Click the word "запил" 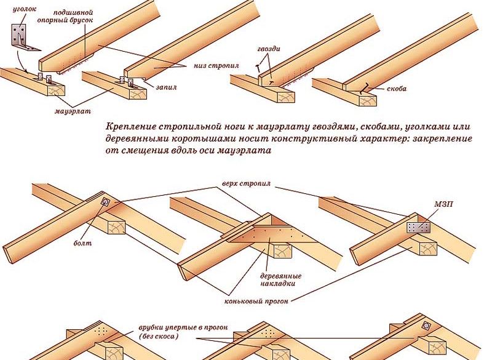tap(165, 87)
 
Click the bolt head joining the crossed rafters tap(106, 201)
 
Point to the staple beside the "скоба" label tap(364, 90)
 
